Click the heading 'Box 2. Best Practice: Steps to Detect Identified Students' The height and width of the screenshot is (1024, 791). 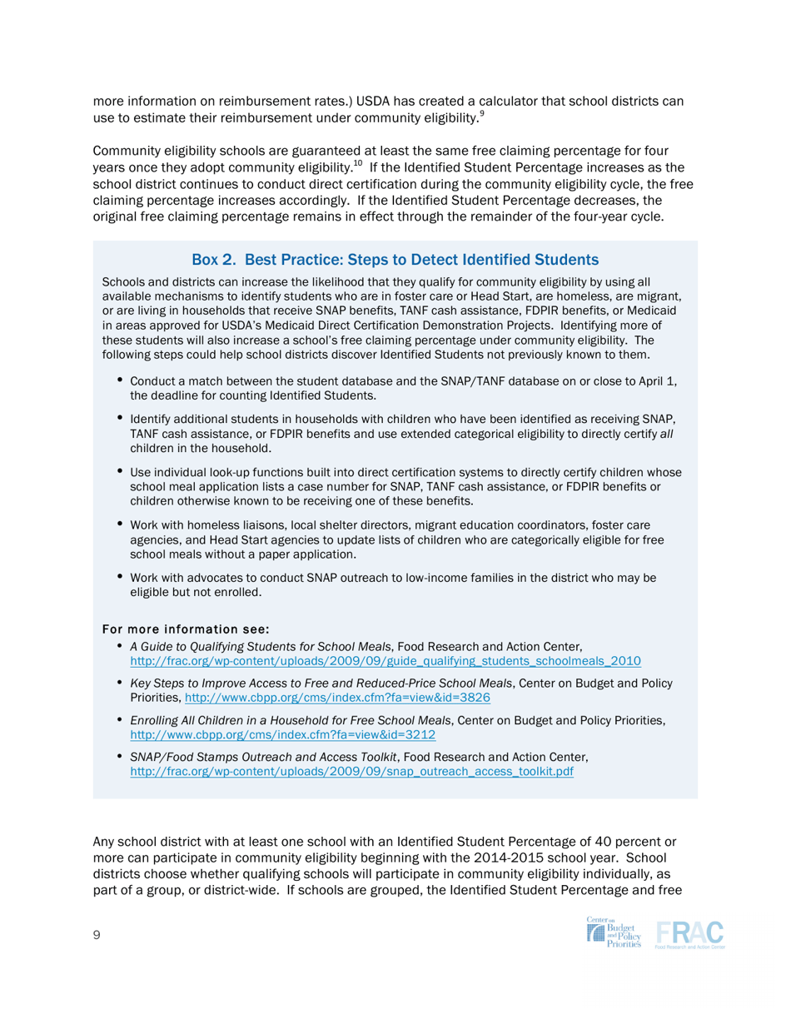tap(395, 259)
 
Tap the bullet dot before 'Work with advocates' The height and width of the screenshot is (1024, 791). tap(121, 576)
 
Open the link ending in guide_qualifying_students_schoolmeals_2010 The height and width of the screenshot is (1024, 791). tap(386, 661)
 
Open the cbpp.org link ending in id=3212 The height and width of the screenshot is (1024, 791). tap(284, 735)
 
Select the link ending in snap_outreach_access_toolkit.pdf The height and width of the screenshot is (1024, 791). tap(352, 772)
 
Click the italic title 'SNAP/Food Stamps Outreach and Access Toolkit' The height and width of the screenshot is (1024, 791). tap(264, 757)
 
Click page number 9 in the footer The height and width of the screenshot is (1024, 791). tap(97, 936)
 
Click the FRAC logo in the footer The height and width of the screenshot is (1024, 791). tap(690, 933)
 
